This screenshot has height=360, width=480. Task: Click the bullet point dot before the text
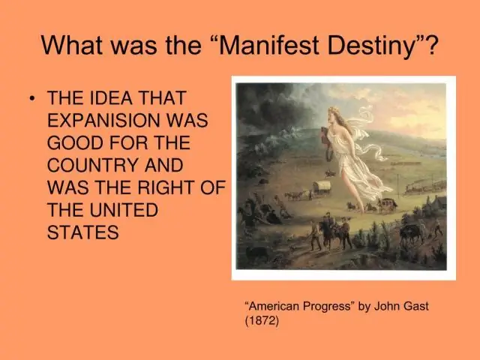tap(31, 100)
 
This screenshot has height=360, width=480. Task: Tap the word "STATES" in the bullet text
tap(82, 232)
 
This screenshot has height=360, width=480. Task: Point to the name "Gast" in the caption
tap(414, 306)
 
